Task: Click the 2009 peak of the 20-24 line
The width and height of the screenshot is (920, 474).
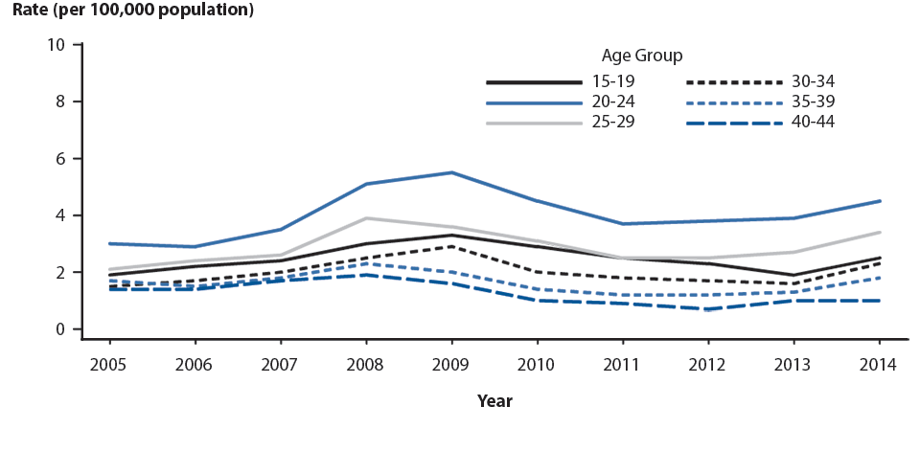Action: (x=451, y=172)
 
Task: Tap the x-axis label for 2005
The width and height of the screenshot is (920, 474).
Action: (x=109, y=365)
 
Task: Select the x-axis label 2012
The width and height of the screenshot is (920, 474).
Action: (x=707, y=365)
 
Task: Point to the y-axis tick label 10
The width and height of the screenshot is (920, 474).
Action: (x=57, y=45)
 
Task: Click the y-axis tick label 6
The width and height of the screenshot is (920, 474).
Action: (x=60, y=159)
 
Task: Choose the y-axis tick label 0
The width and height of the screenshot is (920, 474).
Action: (x=60, y=329)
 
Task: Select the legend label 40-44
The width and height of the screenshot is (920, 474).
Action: (x=813, y=122)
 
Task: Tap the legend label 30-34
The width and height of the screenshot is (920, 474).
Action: (x=813, y=81)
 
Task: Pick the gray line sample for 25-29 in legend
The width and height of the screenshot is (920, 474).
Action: (x=533, y=123)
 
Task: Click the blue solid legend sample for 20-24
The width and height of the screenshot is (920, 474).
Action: (x=533, y=102)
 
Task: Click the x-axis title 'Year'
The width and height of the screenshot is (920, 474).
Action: (x=494, y=401)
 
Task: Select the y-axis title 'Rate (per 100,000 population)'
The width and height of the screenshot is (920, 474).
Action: (x=133, y=11)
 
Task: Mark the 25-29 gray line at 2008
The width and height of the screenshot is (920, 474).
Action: (x=366, y=218)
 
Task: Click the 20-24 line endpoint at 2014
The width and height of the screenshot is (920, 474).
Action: (x=880, y=201)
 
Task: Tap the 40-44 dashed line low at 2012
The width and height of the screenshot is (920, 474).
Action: (x=707, y=309)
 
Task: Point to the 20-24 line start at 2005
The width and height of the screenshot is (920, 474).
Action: (x=109, y=243)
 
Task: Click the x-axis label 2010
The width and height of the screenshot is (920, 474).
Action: (x=537, y=365)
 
